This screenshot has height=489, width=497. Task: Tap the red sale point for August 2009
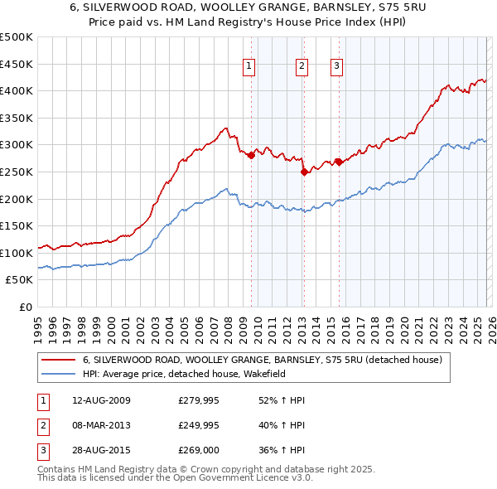(x=251, y=155)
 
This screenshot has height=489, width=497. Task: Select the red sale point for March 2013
(x=303, y=172)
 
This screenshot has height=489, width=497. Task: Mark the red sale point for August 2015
(x=339, y=162)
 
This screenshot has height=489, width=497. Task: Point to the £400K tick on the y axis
(x=17, y=91)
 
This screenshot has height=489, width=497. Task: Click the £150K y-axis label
(x=17, y=225)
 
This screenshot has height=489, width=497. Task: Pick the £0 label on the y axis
(x=25, y=307)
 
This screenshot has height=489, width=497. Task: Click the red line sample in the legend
(x=59, y=360)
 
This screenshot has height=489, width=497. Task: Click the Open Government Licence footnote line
(x=175, y=478)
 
